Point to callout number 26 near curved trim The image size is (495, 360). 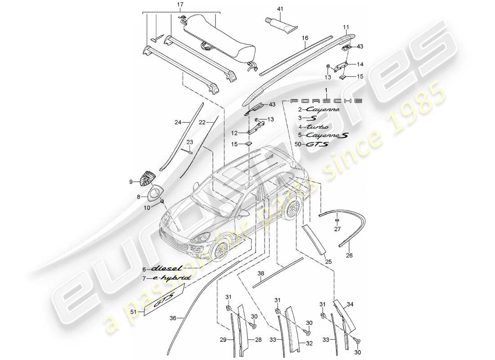point(350,256)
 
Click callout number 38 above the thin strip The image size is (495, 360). point(261,272)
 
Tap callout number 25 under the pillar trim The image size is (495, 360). point(328,261)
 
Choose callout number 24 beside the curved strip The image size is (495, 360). point(178,122)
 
